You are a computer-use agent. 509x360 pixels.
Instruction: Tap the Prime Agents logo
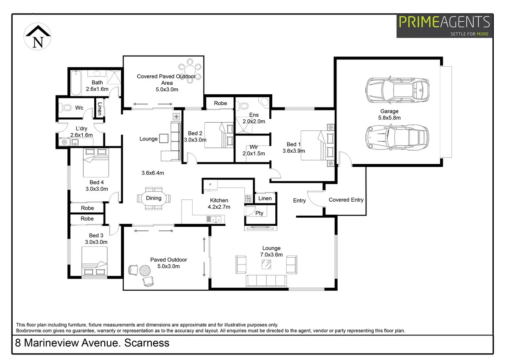click(445, 26)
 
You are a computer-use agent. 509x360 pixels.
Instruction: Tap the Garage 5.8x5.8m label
click(389, 115)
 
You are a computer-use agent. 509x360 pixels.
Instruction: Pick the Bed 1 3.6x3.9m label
click(294, 147)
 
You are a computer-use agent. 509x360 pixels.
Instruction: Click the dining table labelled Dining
click(154, 198)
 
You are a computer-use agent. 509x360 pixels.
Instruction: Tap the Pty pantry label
click(259, 213)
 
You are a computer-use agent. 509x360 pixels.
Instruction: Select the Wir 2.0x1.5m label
click(253, 151)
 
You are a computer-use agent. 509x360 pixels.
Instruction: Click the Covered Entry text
click(346, 200)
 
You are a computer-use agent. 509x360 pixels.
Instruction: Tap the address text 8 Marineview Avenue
click(92, 343)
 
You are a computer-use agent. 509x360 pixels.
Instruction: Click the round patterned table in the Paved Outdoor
click(145, 270)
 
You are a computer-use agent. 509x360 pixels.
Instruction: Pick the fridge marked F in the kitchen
click(210, 185)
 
